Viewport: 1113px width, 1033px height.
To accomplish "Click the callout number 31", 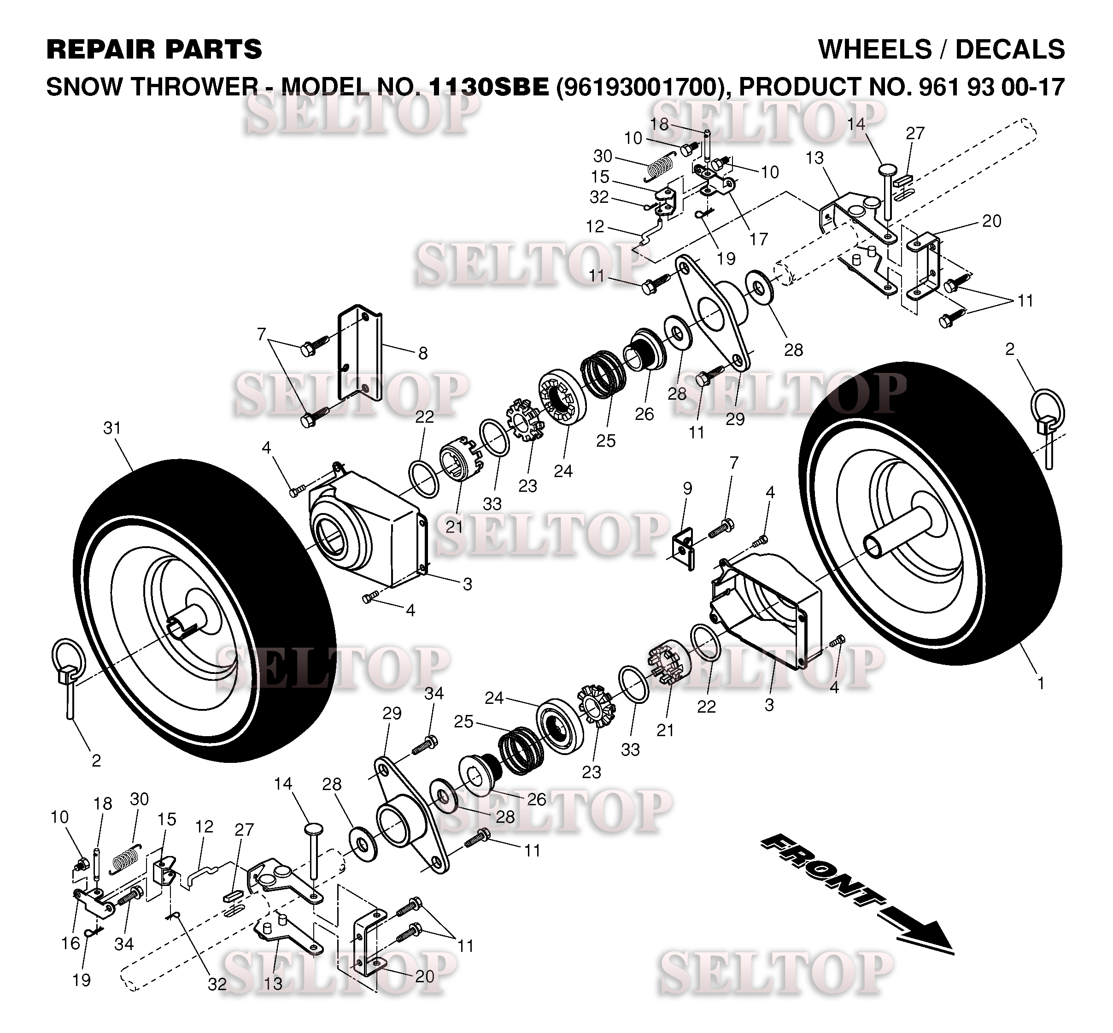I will [x=112, y=428].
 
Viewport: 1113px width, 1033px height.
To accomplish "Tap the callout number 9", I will [x=687, y=488].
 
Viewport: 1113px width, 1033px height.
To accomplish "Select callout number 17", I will [x=758, y=239].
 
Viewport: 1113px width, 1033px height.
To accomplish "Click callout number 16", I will [x=70, y=943].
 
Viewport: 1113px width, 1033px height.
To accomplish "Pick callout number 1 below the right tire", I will [x=1040, y=683].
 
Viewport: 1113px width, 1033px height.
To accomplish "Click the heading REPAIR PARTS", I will [x=154, y=49].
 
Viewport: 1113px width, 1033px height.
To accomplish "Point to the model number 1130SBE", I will [x=489, y=87].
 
